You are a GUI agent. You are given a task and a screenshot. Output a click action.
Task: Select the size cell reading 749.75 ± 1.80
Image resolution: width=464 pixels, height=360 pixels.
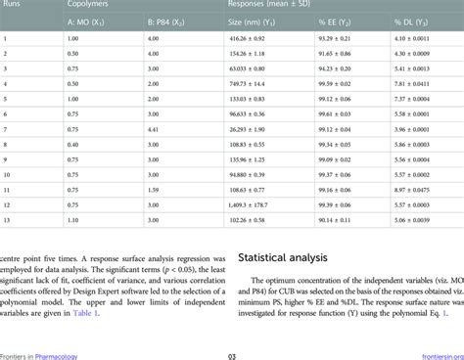click(x=249, y=84)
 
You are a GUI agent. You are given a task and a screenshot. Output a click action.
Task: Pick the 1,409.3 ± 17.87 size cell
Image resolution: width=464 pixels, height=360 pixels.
click(x=249, y=205)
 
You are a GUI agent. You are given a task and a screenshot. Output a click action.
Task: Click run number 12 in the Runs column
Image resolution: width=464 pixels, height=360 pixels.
click(x=8, y=205)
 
